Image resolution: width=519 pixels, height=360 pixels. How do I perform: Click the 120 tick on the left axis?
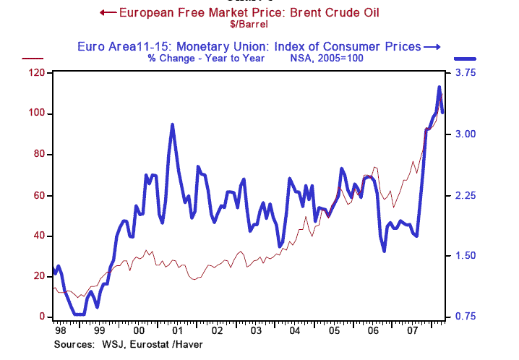coord(36,73)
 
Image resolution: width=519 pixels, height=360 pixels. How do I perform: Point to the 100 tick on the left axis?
coord(36,113)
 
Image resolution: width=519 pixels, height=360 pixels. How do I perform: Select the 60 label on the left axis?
coord(36,195)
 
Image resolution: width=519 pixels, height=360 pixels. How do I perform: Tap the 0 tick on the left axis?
coord(42,317)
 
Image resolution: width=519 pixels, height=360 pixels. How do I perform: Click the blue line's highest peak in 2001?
coord(172,124)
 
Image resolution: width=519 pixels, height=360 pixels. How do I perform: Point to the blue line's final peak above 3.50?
coord(439,87)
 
